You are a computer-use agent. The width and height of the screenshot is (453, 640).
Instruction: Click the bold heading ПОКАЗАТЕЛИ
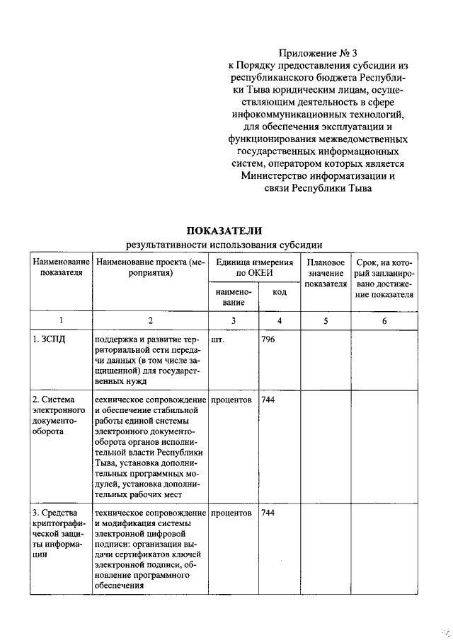(x=224, y=231)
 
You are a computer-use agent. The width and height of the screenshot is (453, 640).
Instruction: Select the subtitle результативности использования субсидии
(x=224, y=245)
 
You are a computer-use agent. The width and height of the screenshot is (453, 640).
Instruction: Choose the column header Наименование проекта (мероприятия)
(x=150, y=267)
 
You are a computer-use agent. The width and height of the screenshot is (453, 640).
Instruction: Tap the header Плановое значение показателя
(x=326, y=272)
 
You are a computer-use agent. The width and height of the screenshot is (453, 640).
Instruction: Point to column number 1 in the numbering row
(x=60, y=320)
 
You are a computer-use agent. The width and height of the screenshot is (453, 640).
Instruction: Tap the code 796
(x=268, y=339)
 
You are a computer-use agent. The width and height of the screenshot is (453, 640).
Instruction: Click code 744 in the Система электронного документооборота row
(x=268, y=400)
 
